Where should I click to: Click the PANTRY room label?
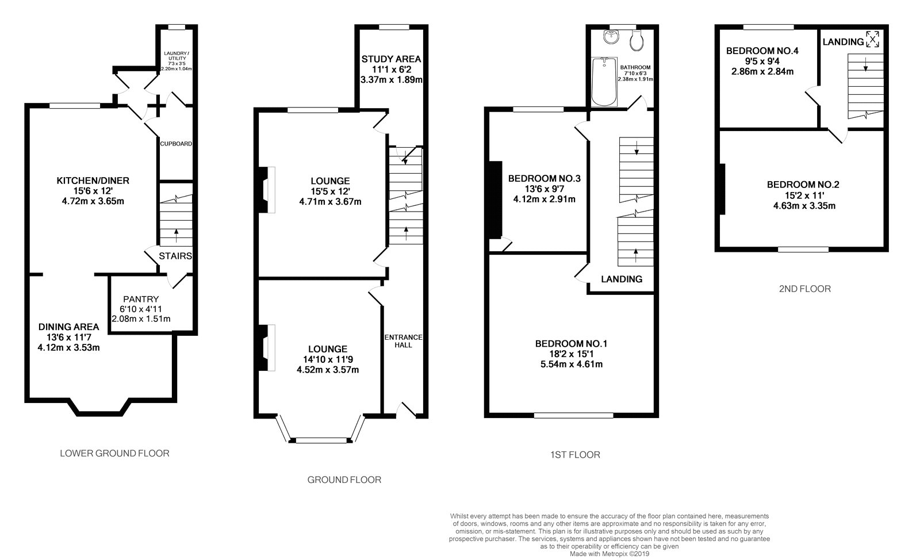click(141, 300)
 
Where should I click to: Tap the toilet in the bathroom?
click(637, 40)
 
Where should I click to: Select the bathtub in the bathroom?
click(604, 81)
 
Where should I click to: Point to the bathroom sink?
click(611, 37)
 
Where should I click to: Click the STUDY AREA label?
click(391, 59)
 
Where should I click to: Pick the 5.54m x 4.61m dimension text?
click(572, 364)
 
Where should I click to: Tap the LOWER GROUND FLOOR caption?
click(114, 453)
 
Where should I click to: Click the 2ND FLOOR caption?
click(804, 289)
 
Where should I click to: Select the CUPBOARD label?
click(176, 144)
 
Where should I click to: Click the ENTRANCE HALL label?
click(403, 341)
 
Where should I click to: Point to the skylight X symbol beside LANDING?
click(872, 39)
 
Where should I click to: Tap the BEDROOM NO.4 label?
click(762, 51)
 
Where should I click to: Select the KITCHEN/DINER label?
click(93, 181)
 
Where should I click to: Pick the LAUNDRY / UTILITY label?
click(177, 56)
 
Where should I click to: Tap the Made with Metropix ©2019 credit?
click(609, 554)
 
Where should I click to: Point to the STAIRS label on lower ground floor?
click(175, 256)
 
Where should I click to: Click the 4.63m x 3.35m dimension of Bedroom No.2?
click(804, 206)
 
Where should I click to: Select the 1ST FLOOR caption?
click(575, 455)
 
